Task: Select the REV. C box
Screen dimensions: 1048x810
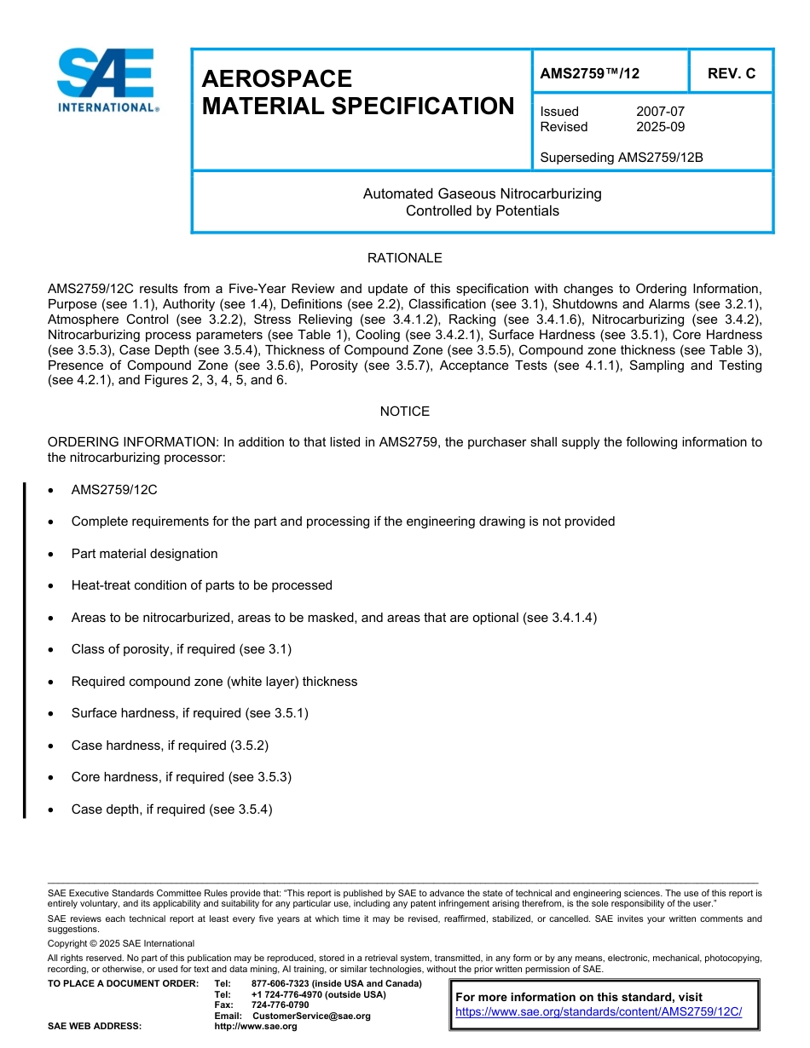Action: (x=732, y=74)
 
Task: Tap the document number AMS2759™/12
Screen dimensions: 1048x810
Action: (x=590, y=74)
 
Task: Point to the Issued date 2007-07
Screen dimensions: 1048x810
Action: (x=660, y=112)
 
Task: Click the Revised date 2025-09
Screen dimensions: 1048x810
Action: (x=660, y=127)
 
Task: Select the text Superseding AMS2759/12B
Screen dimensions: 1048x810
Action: (x=622, y=158)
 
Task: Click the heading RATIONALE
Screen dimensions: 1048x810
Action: (x=404, y=258)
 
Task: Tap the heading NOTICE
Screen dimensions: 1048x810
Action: (x=404, y=412)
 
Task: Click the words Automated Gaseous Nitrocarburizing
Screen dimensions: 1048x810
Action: (x=482, y=194)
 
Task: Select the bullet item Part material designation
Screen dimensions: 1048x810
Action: (x=144, y=554)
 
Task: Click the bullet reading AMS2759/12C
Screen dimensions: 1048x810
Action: (x=114, y=490)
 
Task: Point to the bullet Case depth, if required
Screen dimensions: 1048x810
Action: (x=171, y=809)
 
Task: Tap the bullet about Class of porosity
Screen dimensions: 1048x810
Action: (x=181, y=649)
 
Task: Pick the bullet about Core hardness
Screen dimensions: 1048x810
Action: (x=181, y=777)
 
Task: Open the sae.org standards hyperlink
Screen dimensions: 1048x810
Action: (x=599, y=1012)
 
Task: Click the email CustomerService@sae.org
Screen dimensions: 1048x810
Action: (x=311, y=1016)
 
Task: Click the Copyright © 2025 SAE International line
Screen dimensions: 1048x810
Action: (x=121, y=943)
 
